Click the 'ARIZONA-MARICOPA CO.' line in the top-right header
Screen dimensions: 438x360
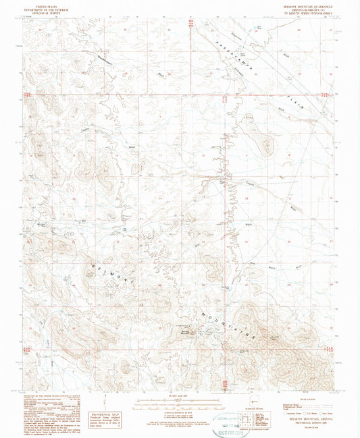click(x=311, y=9)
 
